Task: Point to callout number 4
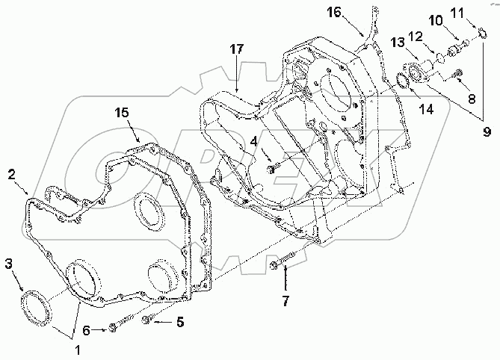(x=254, y=140)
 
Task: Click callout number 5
(x=179, y=323)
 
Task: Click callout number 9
(x=487, y=132)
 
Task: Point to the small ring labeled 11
(x=483, y=33)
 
